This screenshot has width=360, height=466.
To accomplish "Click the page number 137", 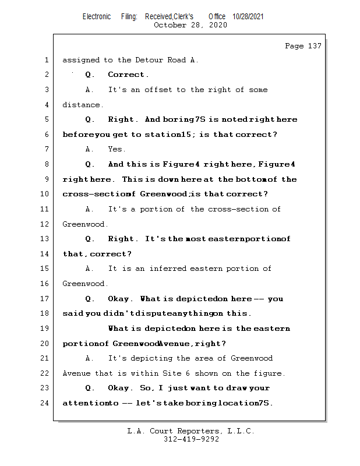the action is tap(315, 46).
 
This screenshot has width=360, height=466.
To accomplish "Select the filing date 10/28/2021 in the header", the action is tap(248, 17).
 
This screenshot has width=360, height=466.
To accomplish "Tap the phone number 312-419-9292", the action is tap(191, 439).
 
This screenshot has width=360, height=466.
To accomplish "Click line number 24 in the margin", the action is tap(45, 403).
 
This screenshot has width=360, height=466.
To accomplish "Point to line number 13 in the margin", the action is tap(45, 239).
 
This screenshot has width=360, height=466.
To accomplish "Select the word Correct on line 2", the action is tap(126, 75).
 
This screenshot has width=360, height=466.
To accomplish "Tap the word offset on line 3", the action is tap(158, 90).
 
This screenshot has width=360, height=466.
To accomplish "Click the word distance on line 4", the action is tap(81, 105).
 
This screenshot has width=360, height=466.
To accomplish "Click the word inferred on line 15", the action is tap(167, 269).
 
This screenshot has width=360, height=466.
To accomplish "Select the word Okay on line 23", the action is tap(118, 388).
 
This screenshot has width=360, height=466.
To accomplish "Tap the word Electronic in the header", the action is tap(97, 17).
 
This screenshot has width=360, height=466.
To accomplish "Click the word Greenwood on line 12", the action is tap(83, 224).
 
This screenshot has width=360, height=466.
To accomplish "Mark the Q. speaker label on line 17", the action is tap(90, 299).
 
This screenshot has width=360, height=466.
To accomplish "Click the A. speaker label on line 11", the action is tap(90, 209).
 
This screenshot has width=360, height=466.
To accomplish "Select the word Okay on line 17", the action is tap(118, 299).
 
